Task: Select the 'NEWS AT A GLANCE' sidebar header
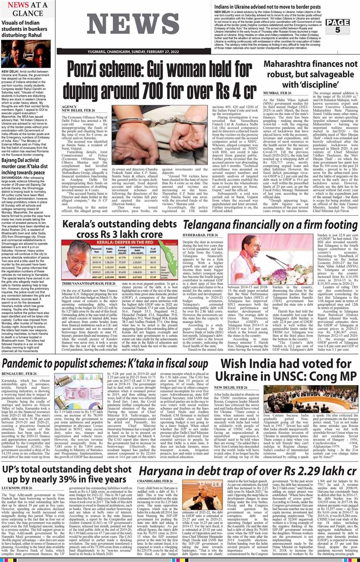27,9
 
